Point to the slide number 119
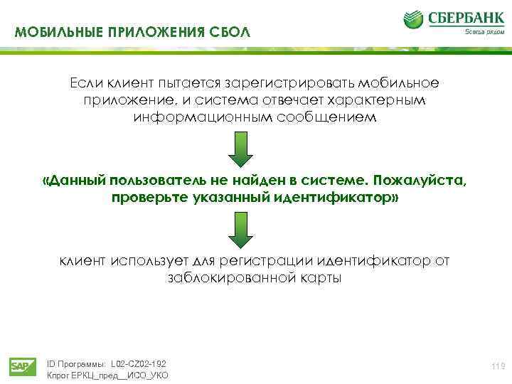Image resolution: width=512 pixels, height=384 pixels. (498, 366)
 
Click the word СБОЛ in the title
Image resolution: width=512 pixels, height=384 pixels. (231, 33)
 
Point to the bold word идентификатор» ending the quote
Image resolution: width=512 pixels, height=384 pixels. (344, 197)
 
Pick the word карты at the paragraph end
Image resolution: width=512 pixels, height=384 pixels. (319, 278)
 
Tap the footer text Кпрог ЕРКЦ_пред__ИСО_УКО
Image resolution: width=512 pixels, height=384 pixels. (107, 375)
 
